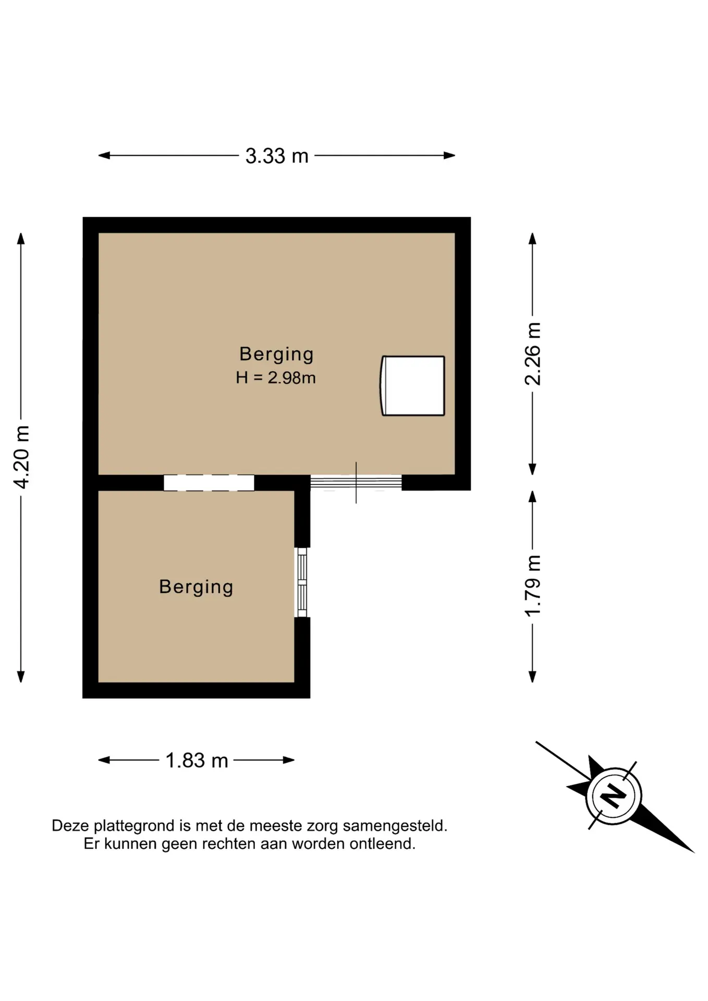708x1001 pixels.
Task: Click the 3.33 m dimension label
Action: click(x=277, y=156)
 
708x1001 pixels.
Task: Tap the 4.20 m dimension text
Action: click(x=21, y=457)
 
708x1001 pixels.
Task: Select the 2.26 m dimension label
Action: click(x=532, y=354)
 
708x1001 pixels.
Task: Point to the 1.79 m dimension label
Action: click(x=532, y=585)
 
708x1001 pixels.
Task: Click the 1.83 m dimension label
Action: click(x=197, y=761)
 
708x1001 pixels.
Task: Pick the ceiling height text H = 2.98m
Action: click(x=276, y=377)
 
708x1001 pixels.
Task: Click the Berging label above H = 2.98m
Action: click(x=276, y=355)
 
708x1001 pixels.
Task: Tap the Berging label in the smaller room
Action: click(x=196, y=588)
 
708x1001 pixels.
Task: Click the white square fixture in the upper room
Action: click(x=412, y=386)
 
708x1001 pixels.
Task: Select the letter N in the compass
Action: click(x=613, y=796)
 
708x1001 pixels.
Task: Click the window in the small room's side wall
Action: click(x=302, y=582)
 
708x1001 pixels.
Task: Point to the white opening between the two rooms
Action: click(x=209, y=483)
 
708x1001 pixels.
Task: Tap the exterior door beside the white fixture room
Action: click(x=356, y=483)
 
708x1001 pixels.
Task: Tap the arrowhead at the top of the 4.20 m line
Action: click(x=21, y=238)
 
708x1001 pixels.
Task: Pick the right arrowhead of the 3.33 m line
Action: click(x=449, y=155)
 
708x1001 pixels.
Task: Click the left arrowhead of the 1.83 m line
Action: click(x=104, y=760)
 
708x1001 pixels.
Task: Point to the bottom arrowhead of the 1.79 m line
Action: click(x=532, y=677)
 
